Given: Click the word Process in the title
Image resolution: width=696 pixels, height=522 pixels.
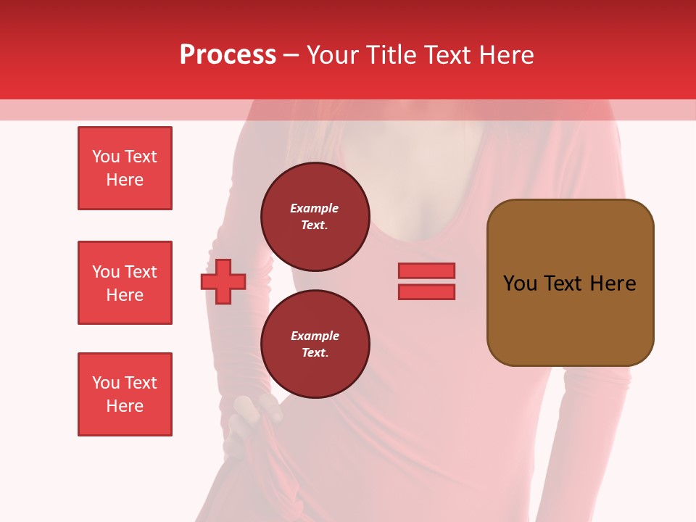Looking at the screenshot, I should point(228,55).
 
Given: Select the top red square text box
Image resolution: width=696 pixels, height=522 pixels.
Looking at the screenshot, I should point(125,168).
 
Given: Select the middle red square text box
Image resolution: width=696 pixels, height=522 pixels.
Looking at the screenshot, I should point(125,283).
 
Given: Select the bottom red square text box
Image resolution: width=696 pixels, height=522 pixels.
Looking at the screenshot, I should point(125,394).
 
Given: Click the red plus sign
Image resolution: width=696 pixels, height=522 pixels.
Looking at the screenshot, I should point(223,282).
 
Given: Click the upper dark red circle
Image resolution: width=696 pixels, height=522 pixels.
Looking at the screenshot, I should point(315,217).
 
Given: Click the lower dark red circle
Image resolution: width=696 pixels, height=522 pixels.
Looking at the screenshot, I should point(315,344).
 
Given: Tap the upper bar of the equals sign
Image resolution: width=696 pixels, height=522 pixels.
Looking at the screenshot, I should point(426,270).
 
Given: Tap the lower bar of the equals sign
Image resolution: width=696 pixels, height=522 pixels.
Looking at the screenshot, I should point(426,291).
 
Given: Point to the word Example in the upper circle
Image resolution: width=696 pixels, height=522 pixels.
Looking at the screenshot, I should point(315,208).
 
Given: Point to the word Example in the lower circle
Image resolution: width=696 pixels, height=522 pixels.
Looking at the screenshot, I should point(315,336).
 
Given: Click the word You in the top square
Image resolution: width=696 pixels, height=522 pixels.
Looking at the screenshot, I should point(105,157).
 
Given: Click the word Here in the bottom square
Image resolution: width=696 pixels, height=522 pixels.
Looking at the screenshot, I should point(125,406).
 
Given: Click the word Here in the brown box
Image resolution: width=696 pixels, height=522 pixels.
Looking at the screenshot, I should point(613,283).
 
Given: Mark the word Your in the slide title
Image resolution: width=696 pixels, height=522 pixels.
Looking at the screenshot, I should point(332,55).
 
